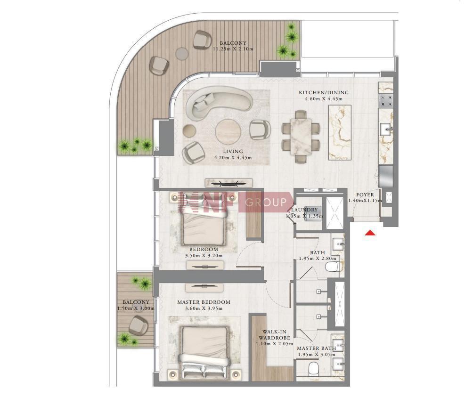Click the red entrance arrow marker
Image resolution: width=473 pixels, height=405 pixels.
pos(370,233)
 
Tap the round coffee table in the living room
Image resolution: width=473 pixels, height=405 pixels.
pos(228,132)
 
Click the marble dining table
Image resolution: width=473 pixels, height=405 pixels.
pos(301,137)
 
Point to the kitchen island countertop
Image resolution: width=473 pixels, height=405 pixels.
pos(340,132)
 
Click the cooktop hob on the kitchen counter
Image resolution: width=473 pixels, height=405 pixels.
pos(386,101)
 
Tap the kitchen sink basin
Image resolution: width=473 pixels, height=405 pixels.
pos(386,130)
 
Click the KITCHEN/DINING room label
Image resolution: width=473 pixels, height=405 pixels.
pos(324,93)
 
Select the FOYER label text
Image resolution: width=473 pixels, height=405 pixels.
pos(365,195)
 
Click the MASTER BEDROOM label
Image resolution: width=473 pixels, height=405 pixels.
pos(204,302)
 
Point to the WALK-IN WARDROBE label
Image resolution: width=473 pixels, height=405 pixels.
pos(274,335)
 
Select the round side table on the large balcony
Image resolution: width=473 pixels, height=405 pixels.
pos(182,54)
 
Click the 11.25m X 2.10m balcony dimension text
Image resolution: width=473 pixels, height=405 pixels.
pos(233,49)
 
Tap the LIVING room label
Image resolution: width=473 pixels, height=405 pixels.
pos(233,151)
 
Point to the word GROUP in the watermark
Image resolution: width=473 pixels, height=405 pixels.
pos(266,202)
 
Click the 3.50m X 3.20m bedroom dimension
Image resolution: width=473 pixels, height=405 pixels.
pos(204,256)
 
